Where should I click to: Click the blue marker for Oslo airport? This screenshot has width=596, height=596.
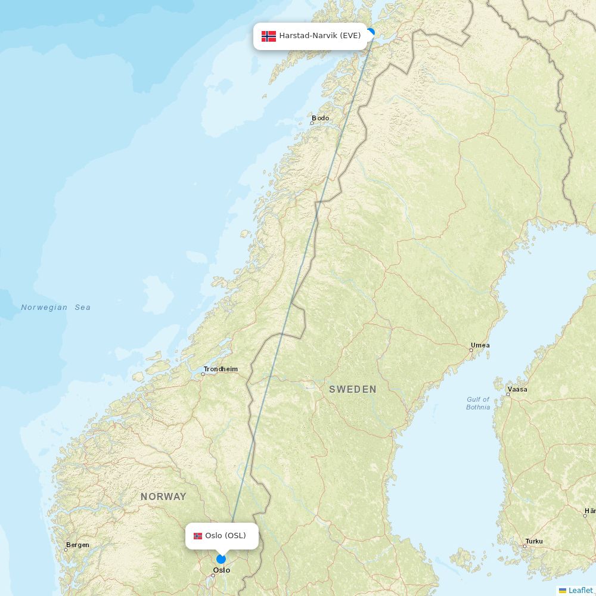(221, 559)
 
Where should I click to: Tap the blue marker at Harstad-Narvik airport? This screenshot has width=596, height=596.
(371, 33)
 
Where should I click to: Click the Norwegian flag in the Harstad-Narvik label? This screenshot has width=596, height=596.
(269, 36)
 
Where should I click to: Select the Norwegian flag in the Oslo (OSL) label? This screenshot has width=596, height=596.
(198, 536)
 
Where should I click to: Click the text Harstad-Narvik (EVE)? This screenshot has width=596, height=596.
(320, 36)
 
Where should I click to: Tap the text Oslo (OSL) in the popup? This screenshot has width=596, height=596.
(225, 536)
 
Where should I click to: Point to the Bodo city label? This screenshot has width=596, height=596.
(321, 118)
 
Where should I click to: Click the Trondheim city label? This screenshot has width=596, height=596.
(221, 369)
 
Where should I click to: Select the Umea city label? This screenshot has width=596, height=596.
(480, 345)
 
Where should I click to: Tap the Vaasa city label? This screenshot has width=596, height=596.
(517, 389)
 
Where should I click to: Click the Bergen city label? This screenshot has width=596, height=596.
(78, 545)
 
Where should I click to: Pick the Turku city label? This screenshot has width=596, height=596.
(534, 541)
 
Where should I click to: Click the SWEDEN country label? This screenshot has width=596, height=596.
(353, 389)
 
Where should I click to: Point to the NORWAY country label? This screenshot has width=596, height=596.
(163, 496)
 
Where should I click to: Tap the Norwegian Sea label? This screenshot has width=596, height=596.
(56, 308)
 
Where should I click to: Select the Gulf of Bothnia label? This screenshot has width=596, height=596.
(478, 403)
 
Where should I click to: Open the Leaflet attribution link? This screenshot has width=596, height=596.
(580, 590)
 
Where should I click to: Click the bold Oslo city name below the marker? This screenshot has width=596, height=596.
(222, 570)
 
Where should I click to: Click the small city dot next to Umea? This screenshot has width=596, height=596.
(471, 350)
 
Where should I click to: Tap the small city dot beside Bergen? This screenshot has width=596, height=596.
(66, 550)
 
